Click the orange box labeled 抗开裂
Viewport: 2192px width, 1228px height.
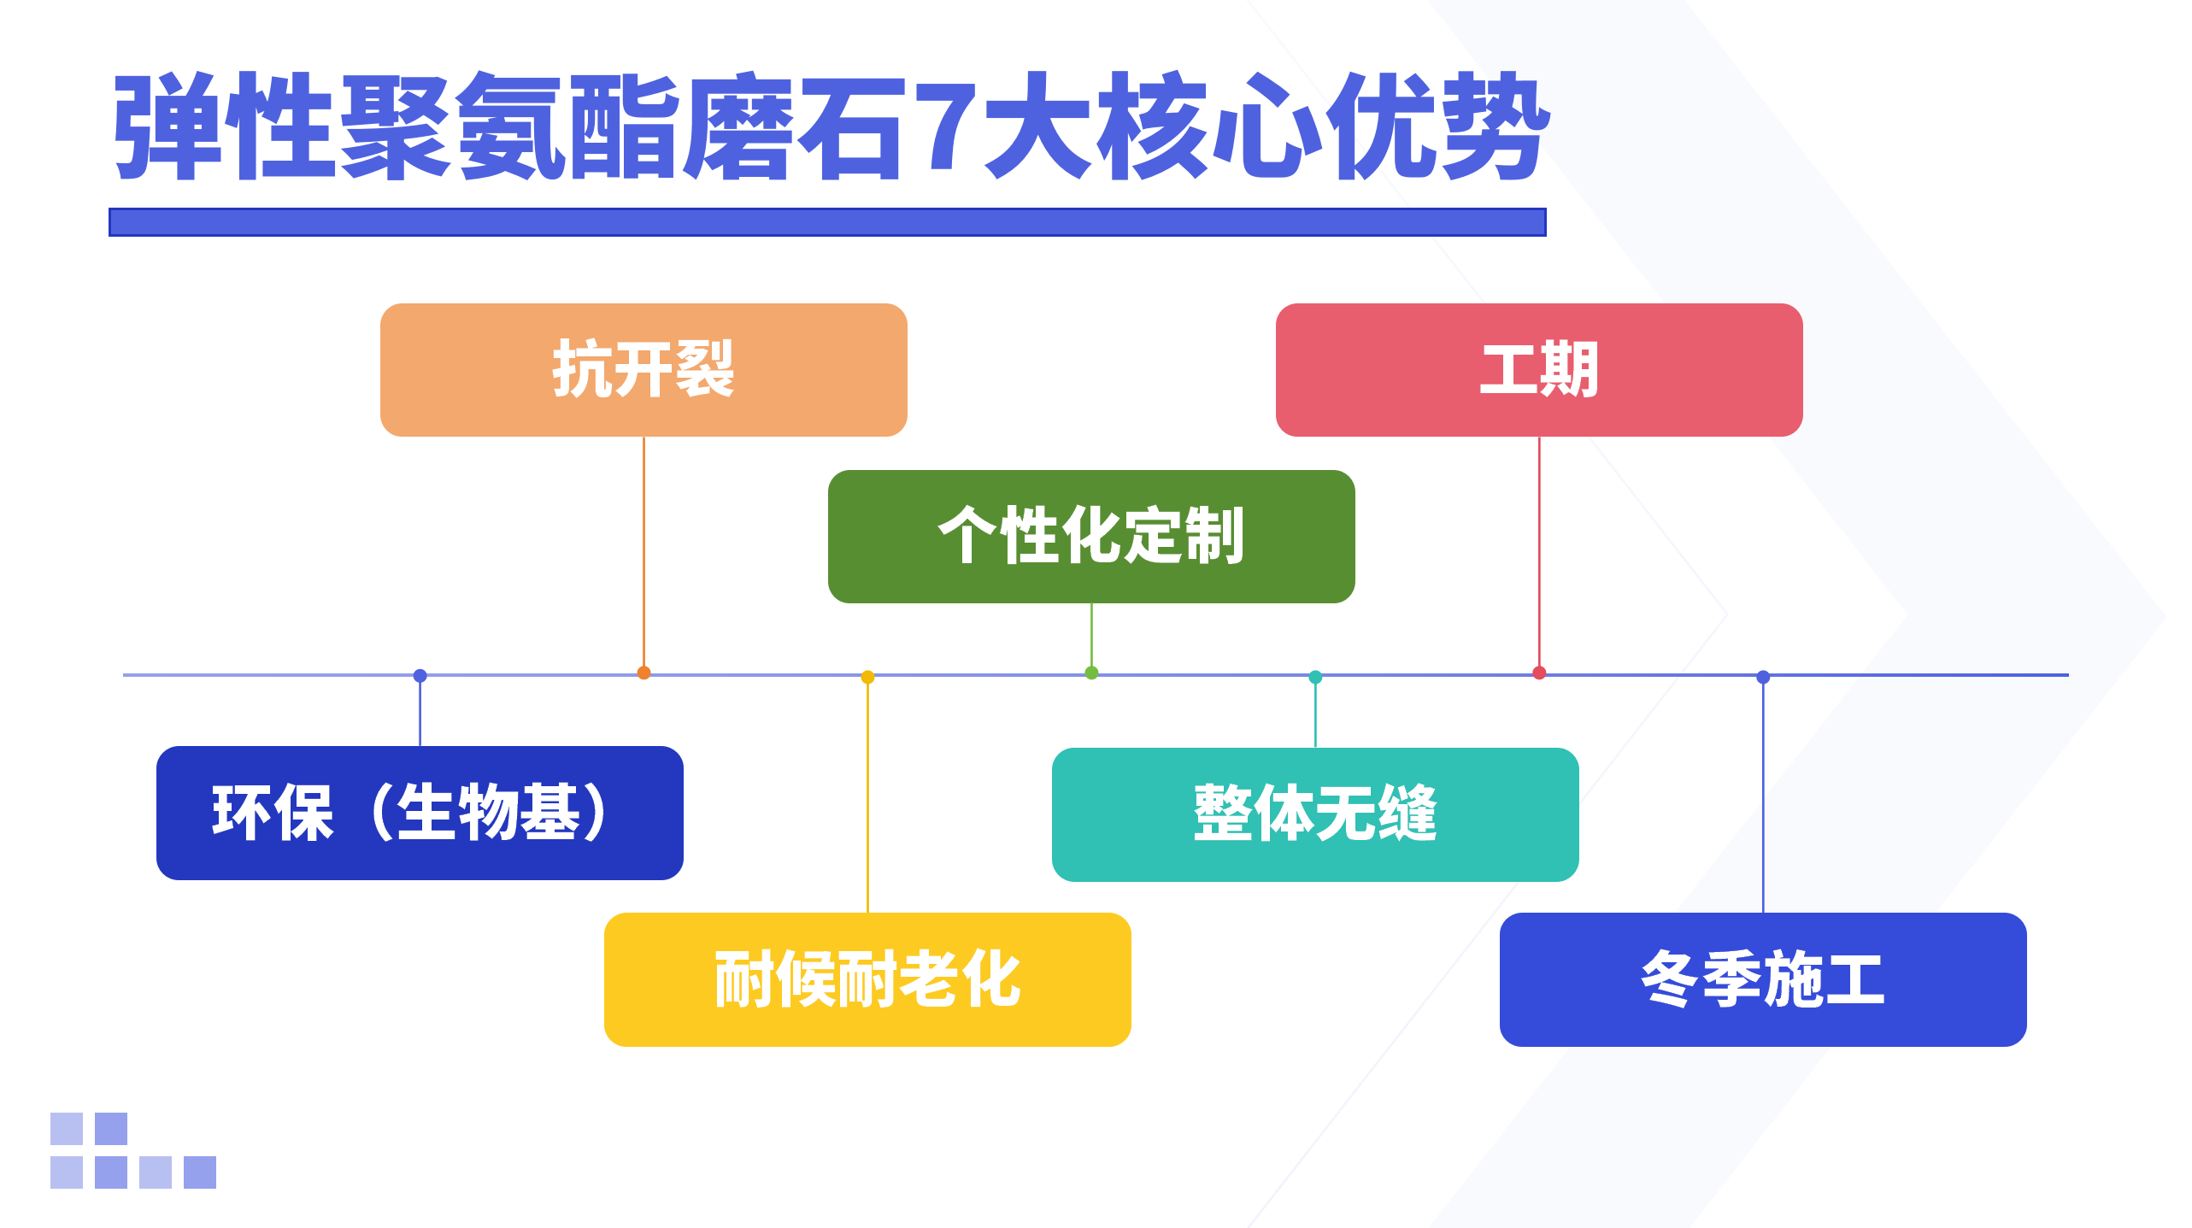[643, 370]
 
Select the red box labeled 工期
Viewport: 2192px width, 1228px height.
[1539, 370]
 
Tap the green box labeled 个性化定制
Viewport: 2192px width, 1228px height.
[1091, 537]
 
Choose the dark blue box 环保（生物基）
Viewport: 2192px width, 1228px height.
[420, 813]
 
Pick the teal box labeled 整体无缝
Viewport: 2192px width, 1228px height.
[1315, 814]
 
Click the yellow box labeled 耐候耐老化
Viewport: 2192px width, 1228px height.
[867, 979]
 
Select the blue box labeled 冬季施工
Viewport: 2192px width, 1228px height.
[1763, 979]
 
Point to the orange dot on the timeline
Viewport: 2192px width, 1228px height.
[643, 673]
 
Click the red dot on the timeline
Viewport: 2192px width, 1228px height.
[1539, 673]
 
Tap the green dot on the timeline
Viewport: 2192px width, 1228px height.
[1091, 673]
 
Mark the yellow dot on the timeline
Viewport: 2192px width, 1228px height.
[867, 678]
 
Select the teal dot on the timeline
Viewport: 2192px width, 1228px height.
[1315, 678]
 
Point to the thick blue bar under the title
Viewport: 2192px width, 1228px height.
[827, 222]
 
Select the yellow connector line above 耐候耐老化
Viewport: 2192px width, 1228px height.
[867, 795]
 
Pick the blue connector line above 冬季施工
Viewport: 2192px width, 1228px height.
[1763, 795]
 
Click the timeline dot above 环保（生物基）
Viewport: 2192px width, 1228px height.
[420, 676]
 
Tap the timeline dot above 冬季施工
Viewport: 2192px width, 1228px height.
[1763, 678]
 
